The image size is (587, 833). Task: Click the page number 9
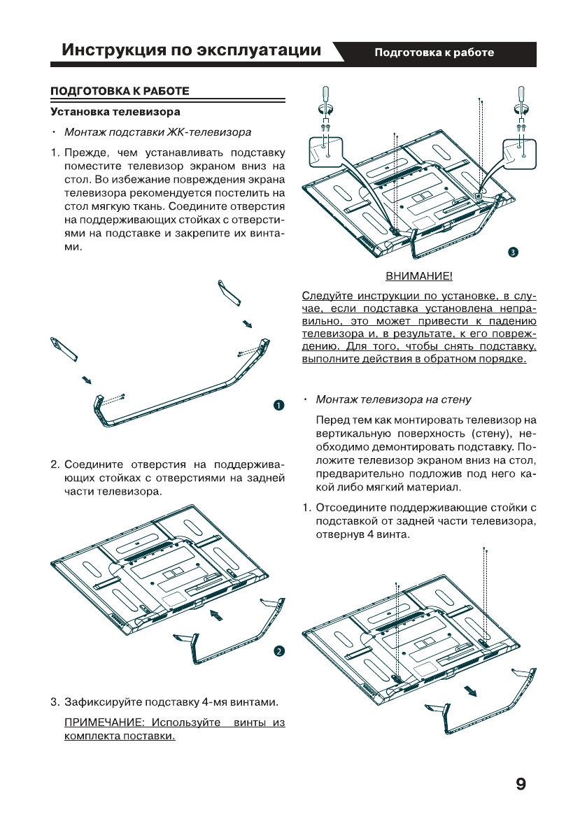click(x=520, y=783)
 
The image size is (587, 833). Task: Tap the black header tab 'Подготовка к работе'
click(x=434, y=52)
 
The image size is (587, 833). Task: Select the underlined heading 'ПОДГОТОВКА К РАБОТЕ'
click(x=120, y=92)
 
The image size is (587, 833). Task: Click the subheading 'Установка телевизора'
click(x=115, y=111)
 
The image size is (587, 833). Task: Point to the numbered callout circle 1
click(x=278, y=406)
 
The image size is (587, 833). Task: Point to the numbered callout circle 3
click(x=513, y=251)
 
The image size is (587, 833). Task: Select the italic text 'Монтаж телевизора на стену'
click(x=393, y=400)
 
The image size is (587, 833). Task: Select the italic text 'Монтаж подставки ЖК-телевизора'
click(x=157, y=132)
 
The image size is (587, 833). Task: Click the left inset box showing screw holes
click(x=325, y=152)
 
